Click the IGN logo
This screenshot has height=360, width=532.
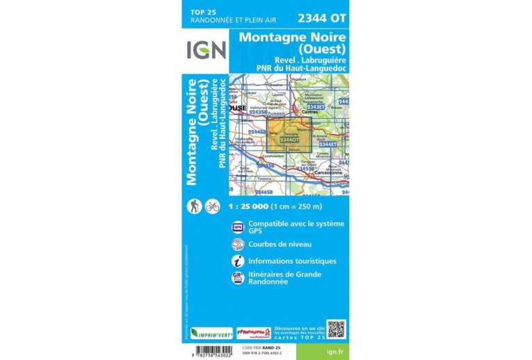coord(205,51)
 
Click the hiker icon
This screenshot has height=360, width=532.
coord(195,206)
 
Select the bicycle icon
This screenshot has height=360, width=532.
coord(212,206)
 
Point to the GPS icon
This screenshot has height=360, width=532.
coord(238,227)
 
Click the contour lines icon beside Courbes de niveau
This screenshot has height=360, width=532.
coord(238,243)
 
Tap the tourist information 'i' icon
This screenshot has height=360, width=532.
coord(238,261)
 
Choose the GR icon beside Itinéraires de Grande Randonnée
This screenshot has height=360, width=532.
coord(238,277)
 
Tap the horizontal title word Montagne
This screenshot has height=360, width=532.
coord(271,38)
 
